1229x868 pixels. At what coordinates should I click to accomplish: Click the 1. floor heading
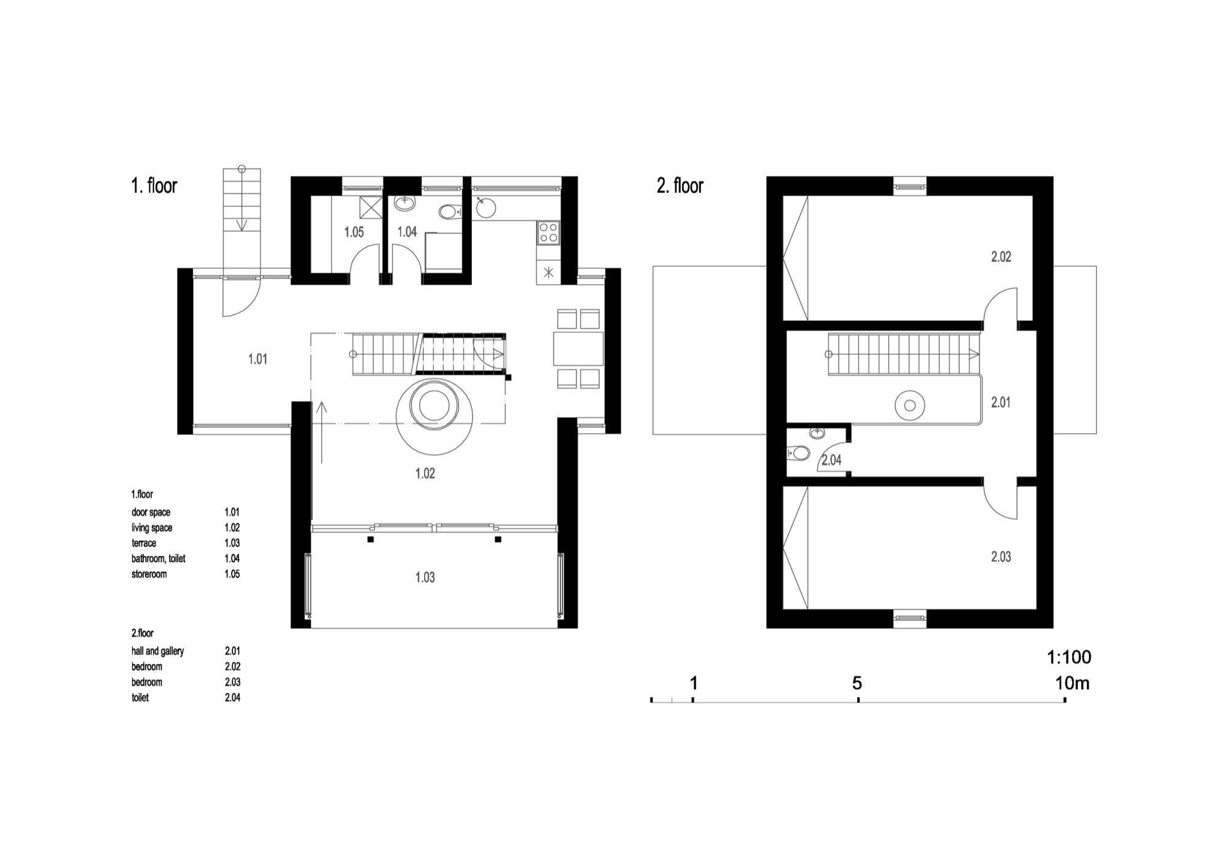click(154, 186)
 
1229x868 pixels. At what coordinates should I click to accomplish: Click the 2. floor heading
click(680, 186)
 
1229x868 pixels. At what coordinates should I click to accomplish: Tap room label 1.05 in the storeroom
click(354, 232)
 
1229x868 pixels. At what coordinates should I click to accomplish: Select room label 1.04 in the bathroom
click(407, 232)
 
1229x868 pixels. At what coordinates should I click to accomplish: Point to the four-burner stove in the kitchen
click(549, 232)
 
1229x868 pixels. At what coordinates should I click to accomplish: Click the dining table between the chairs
click(578, 348)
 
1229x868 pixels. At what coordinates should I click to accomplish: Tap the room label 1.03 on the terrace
click(425, 577)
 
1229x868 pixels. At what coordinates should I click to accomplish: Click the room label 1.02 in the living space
click(425, 474)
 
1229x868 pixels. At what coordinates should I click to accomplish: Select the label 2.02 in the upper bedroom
click(1001, 257)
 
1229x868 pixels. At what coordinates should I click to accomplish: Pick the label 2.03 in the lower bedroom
click(1001, 557)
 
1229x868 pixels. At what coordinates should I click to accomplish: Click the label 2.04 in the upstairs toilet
click(831, 460)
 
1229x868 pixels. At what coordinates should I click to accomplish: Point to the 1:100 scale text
click(1069, 657)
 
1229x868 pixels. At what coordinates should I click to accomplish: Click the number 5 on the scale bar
click(857, 683)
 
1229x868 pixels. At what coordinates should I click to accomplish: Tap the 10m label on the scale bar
click(1072, 683)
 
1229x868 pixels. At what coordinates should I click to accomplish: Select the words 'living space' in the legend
click(152, 528)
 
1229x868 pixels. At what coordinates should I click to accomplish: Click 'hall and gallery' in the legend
click(157, 651)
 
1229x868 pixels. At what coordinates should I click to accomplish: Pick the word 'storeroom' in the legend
click(149, 574)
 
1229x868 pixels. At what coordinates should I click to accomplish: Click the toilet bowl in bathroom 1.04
click(450, 212)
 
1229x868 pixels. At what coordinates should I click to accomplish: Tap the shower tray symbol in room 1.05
click(371, 207)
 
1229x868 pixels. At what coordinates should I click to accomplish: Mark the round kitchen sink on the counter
click(485, 208)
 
